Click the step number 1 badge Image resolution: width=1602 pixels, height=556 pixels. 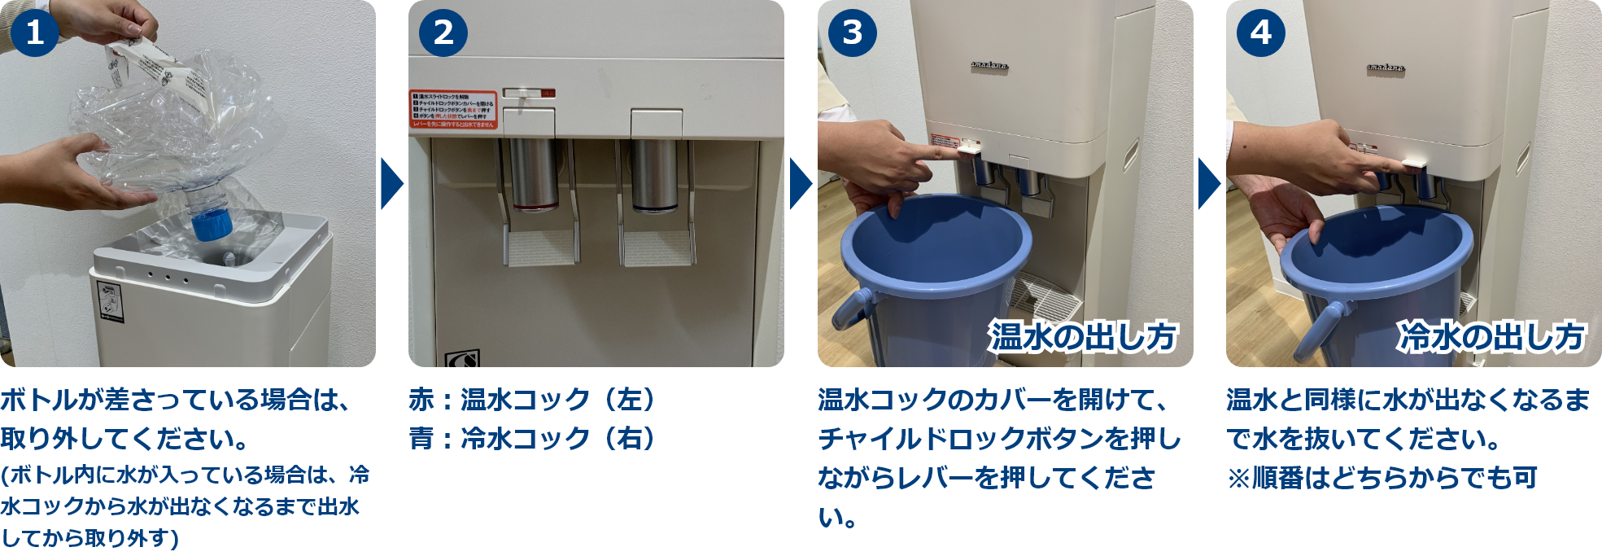coord(35,33)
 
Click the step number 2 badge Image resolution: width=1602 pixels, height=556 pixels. coord(443,33)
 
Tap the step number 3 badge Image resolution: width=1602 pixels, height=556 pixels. coord(852,33)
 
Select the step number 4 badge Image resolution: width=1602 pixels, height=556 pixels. coord(1260,33)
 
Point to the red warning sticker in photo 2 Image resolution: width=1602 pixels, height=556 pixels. coord(453,109)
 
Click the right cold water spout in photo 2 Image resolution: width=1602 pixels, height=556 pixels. coord(655,175)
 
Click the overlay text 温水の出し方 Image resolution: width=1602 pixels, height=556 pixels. coord(1083,336)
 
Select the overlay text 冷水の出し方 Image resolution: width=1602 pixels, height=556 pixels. coord(1491,336)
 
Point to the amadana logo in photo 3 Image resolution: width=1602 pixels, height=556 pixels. coord(989,65)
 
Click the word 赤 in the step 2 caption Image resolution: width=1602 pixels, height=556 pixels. coord(421,400)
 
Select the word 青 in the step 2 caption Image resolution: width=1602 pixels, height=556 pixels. coord(421,439)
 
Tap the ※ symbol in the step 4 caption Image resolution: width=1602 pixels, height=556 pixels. coord(1238,478)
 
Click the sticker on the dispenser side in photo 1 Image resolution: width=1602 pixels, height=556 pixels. coord(108,300)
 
